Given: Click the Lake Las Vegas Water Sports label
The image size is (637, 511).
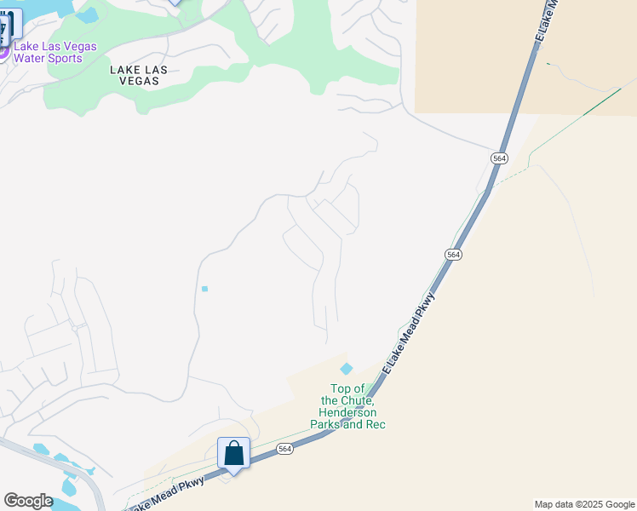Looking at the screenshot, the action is point(55,52).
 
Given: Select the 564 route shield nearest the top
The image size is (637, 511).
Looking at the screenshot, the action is point(500,158).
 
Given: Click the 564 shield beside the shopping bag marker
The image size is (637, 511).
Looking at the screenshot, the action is point(284,449).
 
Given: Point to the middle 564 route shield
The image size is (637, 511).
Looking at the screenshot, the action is point(454,255).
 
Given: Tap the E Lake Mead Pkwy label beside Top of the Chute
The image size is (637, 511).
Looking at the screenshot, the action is point(409,332).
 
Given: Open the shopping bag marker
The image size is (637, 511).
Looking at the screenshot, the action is point(233,453).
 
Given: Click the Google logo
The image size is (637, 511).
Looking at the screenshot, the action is point(28,501).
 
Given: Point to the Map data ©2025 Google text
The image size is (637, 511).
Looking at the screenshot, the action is point(584,504).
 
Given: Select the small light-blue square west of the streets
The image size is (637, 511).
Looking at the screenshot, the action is point(204,289).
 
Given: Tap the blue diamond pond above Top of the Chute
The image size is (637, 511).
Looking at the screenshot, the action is point(346,369).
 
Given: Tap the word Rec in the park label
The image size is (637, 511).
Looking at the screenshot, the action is point(375,424).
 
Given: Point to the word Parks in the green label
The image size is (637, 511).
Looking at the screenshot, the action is point(328,424).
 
